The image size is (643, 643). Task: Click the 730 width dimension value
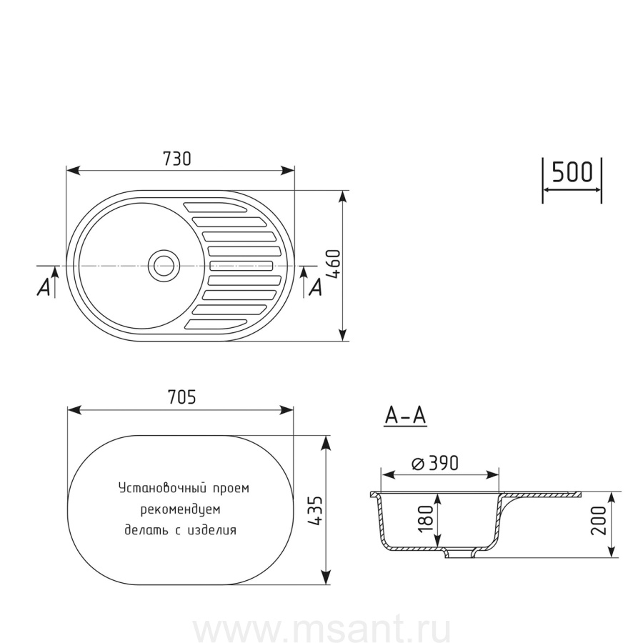tap(177, 159)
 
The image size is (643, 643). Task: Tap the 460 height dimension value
tap(334, 264)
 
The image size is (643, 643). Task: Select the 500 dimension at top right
tap(572, 171)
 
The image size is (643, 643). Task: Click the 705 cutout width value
tap(181, 397)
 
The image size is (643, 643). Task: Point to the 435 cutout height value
tap(316, 511)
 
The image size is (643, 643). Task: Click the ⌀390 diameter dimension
tap(434, 464)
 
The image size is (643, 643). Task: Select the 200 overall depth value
tap(599, 520)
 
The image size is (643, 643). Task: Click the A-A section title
tap(406, 416)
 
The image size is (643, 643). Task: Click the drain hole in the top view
tap(164, 266)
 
